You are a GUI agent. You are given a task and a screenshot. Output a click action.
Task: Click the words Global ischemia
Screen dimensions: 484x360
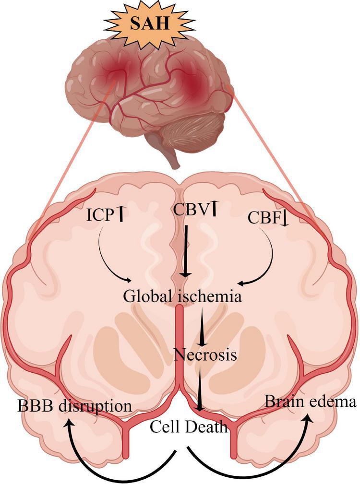pos(181,296)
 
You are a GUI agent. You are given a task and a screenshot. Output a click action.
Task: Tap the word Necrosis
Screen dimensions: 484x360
pos(205,355)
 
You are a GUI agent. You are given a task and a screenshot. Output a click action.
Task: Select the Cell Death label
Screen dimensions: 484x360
pos(189,425)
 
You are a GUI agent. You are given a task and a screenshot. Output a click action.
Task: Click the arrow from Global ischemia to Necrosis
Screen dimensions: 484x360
pos(204,326)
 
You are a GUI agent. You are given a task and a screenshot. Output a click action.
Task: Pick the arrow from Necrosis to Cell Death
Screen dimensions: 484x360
pos(200,389)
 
